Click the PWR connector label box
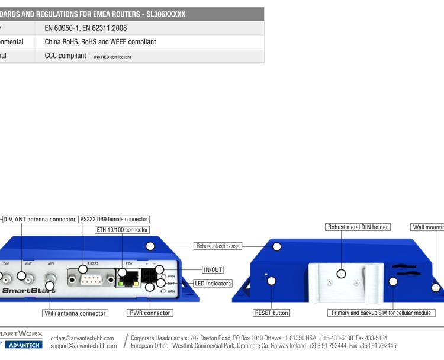(x=149, y=313)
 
